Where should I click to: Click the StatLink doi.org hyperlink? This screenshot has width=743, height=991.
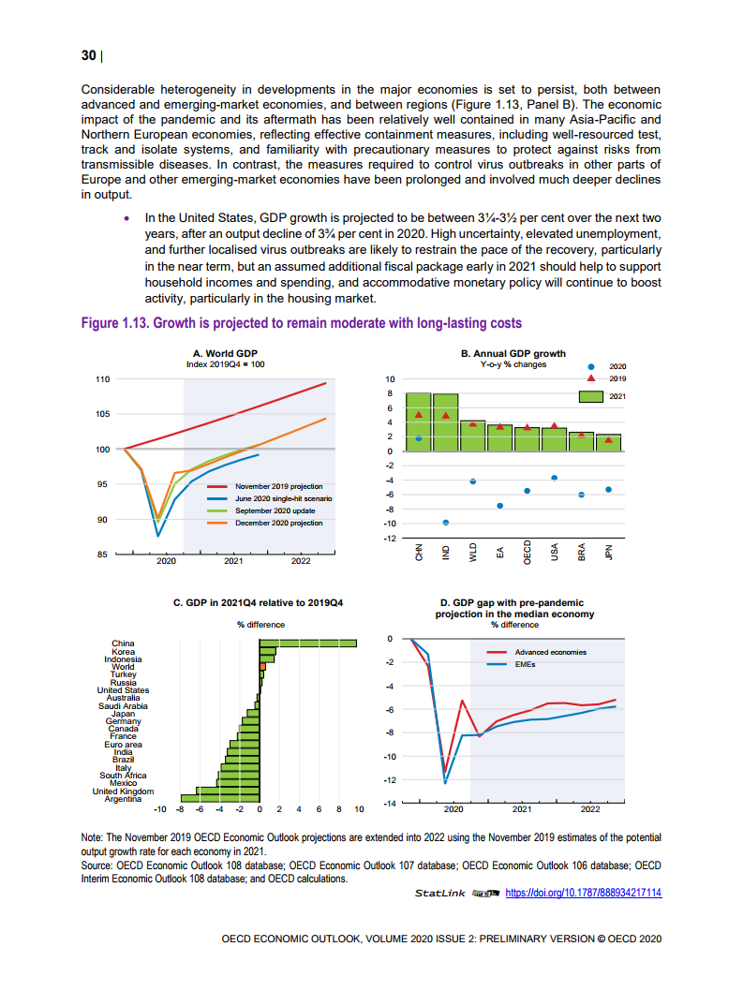[x=583, y=894]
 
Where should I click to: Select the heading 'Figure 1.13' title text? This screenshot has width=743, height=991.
[x=301, y=323]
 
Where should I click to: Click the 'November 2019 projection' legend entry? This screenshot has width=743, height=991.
[x=278, y=487]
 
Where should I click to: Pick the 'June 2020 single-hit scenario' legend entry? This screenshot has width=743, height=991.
[x=283, y=499]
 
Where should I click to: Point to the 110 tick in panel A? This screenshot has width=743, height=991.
[x=103, y=379]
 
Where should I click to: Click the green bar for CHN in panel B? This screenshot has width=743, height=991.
[x=418, y=422]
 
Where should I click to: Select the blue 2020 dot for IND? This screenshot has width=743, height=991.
[x=446, y=522]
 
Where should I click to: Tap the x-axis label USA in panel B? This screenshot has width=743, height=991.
[x=555, y=553]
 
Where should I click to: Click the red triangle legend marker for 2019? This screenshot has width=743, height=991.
[x=590, y=378]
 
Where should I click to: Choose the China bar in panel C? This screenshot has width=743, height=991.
[x=308, y=643]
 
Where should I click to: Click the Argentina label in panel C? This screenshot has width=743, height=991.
[x=123, y=799]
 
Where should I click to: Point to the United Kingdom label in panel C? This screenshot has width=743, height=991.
[x=116, y=791]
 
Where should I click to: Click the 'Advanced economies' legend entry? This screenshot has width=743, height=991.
[x=551, y=652]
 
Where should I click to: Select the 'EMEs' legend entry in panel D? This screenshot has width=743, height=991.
[x=526, y=664]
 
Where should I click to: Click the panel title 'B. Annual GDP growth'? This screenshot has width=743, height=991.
[x=513, y=353]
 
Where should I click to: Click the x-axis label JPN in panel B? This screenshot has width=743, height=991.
[x=609, y=553]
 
